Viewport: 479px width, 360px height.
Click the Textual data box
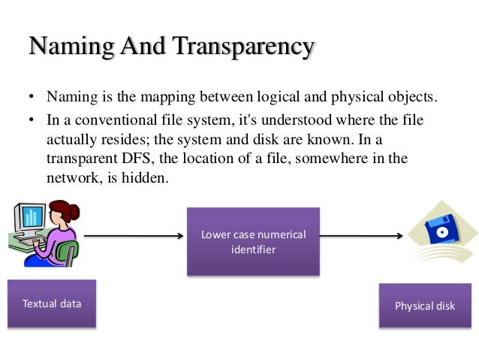[x=52, y=304]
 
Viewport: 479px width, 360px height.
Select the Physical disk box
[x=425, y=306]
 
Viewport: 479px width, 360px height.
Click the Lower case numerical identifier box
[x=253, y=241]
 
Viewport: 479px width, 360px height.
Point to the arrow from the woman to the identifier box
[x=133, y=236]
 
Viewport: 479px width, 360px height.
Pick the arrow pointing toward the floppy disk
[x=360, y=236]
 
